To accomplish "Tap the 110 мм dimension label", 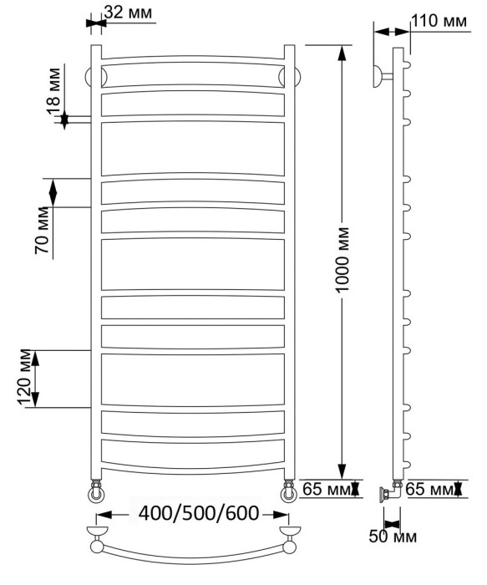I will click(x=439, y=21).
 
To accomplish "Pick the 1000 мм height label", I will click(x=342, y=259).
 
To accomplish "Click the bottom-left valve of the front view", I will click(x=97, y=490).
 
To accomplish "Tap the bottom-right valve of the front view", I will click(x=290, y=490).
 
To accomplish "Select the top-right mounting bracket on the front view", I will click(x=289, y=78).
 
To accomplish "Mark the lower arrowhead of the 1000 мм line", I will click(x=342, y=471).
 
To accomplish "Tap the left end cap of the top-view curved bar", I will click(x=99, y=532).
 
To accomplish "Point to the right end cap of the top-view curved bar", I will click(x=291, y=532).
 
